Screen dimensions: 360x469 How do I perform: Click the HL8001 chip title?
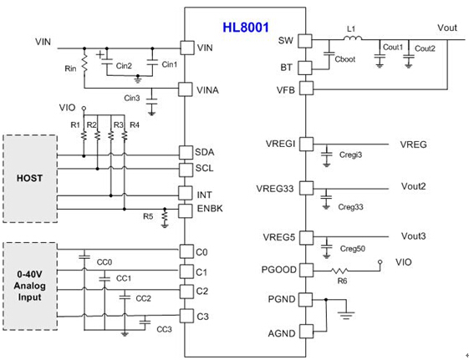pos(245,28)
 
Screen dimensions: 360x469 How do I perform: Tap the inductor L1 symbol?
pos(351,39)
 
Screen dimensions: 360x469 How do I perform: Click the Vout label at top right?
pos(447,28)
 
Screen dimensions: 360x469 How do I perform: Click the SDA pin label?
pos(205,153)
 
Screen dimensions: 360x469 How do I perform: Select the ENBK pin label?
pos(208,208)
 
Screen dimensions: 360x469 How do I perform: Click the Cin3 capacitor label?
pos(131,99)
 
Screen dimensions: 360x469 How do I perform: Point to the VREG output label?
pos(413,145)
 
